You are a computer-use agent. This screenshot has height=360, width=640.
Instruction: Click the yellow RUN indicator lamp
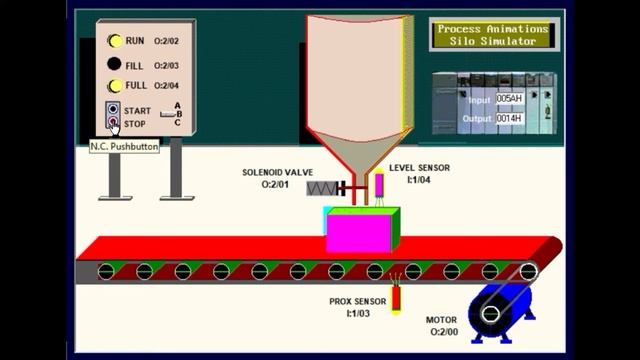coord(115,40)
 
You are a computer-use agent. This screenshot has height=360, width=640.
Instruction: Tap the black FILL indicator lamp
coord(115,65)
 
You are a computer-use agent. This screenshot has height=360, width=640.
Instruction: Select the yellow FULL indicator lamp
coord(115,86)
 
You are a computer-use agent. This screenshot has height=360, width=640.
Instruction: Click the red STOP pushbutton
coord(114,124)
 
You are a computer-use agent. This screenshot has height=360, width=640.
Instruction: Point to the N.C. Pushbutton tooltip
coord(124,146)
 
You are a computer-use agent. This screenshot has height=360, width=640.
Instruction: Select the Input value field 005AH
coord(509,99)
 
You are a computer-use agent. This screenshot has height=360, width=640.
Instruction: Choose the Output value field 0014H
coord(509,119)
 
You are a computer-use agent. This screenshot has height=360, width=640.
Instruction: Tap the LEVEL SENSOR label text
coord(419,168)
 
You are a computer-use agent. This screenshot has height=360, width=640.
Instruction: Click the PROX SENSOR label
coord(357,301)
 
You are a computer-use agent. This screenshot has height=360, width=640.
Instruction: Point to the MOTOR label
coord(441,320)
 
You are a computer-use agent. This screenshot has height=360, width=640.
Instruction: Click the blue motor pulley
coord(491,313)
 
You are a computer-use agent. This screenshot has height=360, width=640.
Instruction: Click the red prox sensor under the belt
coord(397,297)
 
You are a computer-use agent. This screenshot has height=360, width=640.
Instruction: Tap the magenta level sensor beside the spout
coord(380,187)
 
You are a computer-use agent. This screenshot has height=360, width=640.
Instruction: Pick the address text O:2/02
coord(166,40)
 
